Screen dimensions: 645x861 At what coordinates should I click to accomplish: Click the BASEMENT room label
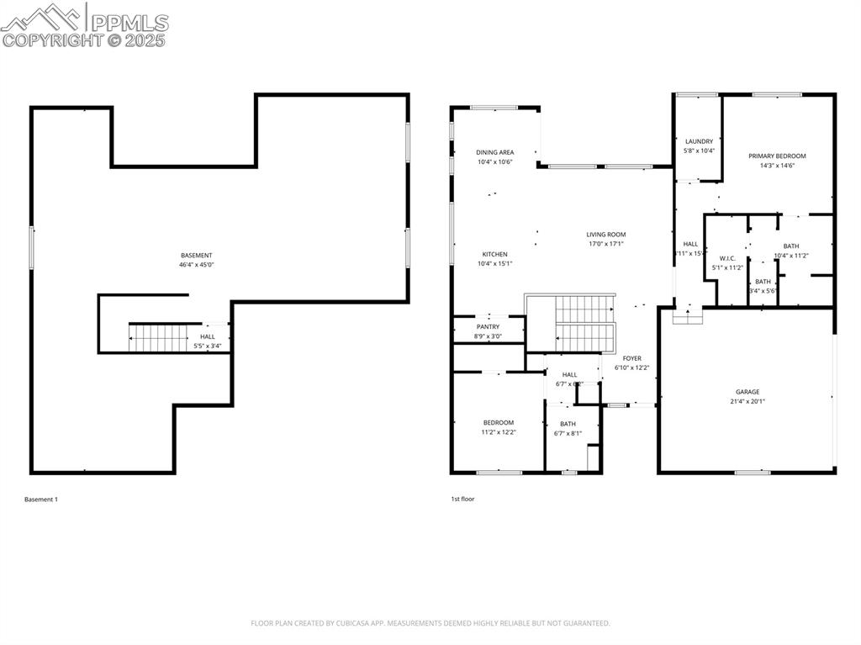coord(196,256)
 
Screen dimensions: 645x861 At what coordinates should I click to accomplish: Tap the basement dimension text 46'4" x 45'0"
coord(196,265)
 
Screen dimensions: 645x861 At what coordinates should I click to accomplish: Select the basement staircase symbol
coord(158,337)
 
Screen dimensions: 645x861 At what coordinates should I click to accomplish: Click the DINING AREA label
coord(494,152)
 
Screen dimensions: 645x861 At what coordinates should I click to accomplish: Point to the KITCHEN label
coord(494,254)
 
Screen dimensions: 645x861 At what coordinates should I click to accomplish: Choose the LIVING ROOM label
coord(605,235)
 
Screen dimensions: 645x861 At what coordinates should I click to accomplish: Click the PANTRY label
coord(488,327)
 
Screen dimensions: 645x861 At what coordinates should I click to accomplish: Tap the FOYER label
coord(631,358)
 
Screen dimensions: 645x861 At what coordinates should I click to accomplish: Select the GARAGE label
coord(747,392)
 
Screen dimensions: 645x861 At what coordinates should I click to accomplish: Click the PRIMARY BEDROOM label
coord(777,156)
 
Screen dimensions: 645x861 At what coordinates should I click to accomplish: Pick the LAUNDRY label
coord(699,141)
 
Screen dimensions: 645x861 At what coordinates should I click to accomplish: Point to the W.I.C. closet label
coord(727,258)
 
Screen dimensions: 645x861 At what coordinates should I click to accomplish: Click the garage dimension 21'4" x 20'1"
coord(747,402)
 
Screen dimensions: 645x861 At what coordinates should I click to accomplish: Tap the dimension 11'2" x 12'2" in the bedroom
coord(498,432)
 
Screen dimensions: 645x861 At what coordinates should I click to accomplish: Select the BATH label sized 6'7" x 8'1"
coord(568,424)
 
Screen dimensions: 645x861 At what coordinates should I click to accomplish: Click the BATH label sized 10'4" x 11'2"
coord(790,246)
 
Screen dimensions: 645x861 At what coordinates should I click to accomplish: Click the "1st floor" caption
coord(462,499)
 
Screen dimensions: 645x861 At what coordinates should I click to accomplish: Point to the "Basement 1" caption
coord(41,500)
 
